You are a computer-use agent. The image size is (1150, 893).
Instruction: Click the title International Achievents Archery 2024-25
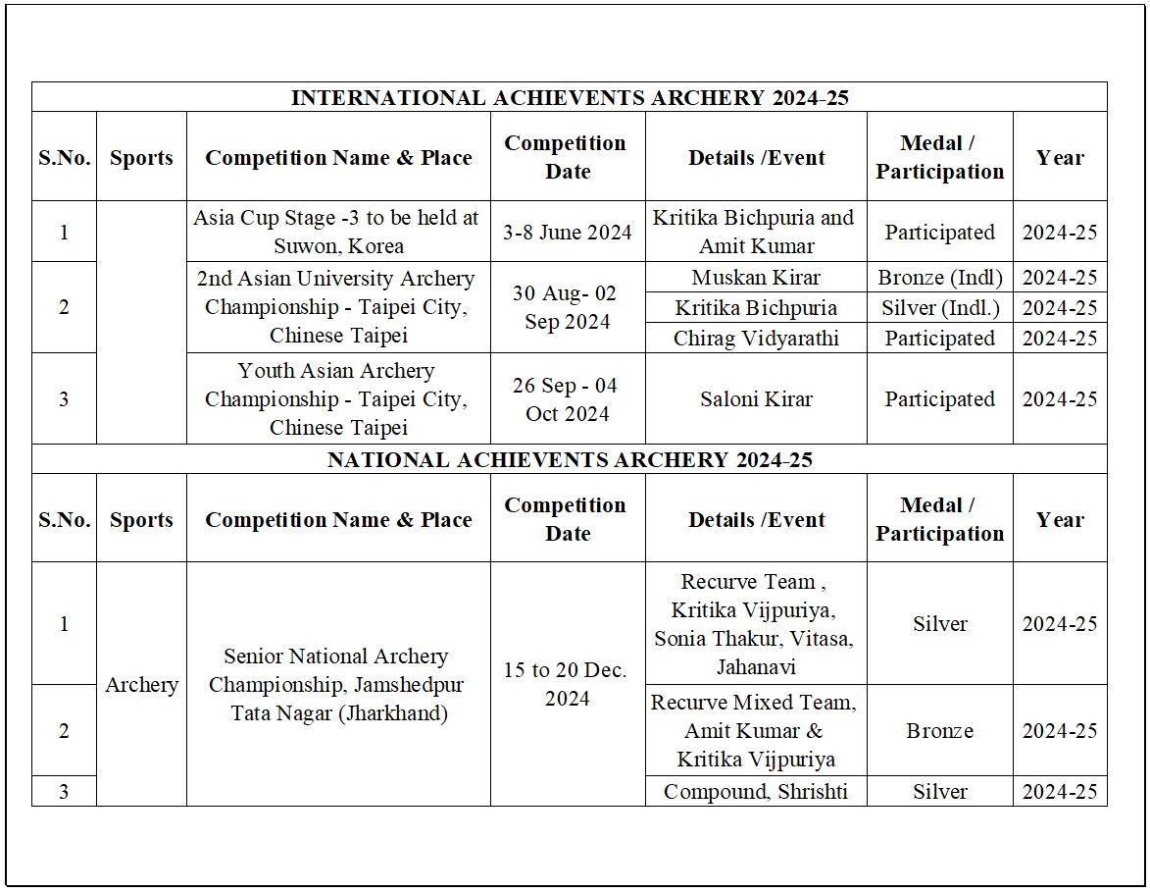click(569, 98)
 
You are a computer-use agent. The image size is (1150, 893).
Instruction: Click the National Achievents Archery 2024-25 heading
click(569, 459)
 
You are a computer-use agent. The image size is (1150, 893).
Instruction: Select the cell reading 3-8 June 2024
click(568, 233)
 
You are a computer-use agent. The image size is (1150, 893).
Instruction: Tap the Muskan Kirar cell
click(756, 278)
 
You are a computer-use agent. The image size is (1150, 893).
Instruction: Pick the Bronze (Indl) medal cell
click(939, 278)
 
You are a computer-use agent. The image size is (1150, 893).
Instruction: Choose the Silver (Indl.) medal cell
click(939, 308)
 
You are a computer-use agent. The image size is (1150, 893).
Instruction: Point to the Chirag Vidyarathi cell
click(756, 339)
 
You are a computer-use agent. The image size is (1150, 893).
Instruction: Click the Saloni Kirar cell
click(756, 399)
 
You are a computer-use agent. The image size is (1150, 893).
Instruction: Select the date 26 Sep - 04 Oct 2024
click(568, 399)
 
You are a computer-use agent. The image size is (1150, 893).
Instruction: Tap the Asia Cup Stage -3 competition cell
click(337, 232)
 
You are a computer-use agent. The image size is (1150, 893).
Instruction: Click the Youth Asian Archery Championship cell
click(337, 398)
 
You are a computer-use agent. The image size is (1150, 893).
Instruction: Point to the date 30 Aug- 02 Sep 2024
click(568, 307)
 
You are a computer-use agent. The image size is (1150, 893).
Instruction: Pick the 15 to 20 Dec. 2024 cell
click(568, 684)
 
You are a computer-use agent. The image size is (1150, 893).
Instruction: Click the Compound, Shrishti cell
click(756, 792)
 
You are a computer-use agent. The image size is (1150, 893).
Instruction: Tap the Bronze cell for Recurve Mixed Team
click(939, 731)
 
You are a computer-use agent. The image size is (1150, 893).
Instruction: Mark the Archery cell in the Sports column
click(141, 685)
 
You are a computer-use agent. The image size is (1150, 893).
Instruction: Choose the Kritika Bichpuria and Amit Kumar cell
click(756, 232)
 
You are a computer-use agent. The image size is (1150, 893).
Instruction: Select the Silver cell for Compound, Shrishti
click(939, 792)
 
